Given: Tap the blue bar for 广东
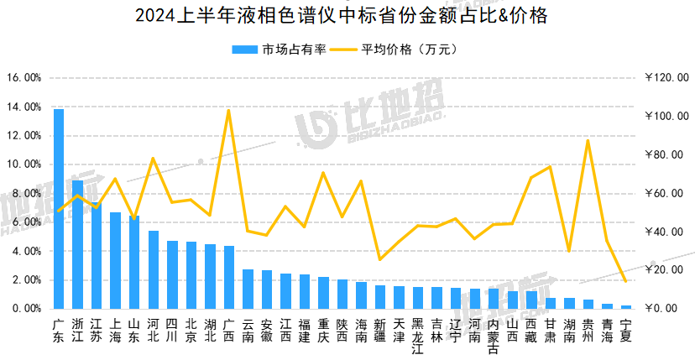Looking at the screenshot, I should (x=59, y=210).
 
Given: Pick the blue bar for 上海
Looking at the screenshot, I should (x=116, y=261).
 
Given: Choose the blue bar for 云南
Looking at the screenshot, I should (x=248, y=290).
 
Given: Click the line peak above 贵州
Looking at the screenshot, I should (x=588, y=140).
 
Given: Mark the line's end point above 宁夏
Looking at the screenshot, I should (x=625, y=281).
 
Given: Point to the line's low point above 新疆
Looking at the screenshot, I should (x=380, y=259).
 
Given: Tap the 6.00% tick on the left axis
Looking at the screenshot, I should (x=25, y=222).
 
